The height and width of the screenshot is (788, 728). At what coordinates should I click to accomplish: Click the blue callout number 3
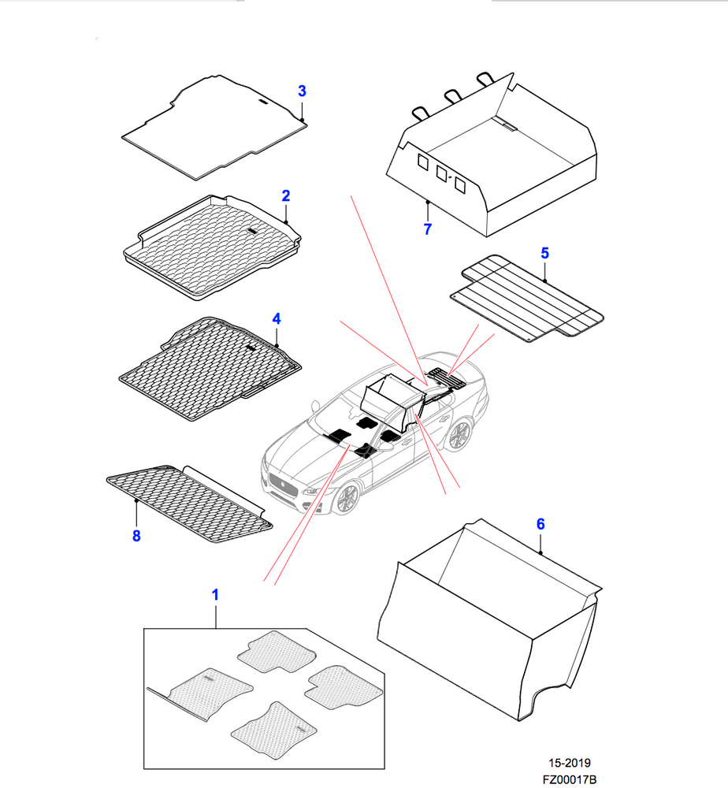tap(302, 91)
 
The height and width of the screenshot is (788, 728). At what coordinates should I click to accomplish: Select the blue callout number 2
tap(286, 195)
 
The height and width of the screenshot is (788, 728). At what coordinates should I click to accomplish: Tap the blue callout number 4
tap(277, 318)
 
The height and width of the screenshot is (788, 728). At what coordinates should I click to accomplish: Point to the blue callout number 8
tap(136, 536)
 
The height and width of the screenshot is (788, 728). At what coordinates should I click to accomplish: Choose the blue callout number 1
tap(215, 595)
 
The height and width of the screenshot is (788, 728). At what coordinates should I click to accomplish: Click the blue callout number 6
tap(540, 524)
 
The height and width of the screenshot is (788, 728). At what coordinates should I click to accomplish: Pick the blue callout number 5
tap(545, 253)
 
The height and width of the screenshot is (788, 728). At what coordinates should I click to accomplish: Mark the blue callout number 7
tap(428, 229)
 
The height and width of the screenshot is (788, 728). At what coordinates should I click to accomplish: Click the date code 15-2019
tap(569, 763)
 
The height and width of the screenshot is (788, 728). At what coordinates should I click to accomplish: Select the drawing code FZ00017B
tap(569, 779)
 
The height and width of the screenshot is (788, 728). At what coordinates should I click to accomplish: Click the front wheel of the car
tap(347, 499)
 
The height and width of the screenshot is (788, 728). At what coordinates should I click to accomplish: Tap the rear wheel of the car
tap(458, 435)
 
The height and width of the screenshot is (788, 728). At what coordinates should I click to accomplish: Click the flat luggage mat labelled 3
tap(214, 128)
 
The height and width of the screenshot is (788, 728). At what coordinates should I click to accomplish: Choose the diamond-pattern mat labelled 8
tap(189, 504)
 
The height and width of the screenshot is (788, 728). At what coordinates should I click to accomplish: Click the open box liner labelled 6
tap(490, 619)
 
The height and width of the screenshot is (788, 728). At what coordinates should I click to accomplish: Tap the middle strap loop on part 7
tap(452, 95)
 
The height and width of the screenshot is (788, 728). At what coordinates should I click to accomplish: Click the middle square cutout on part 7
tap(442, 173)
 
